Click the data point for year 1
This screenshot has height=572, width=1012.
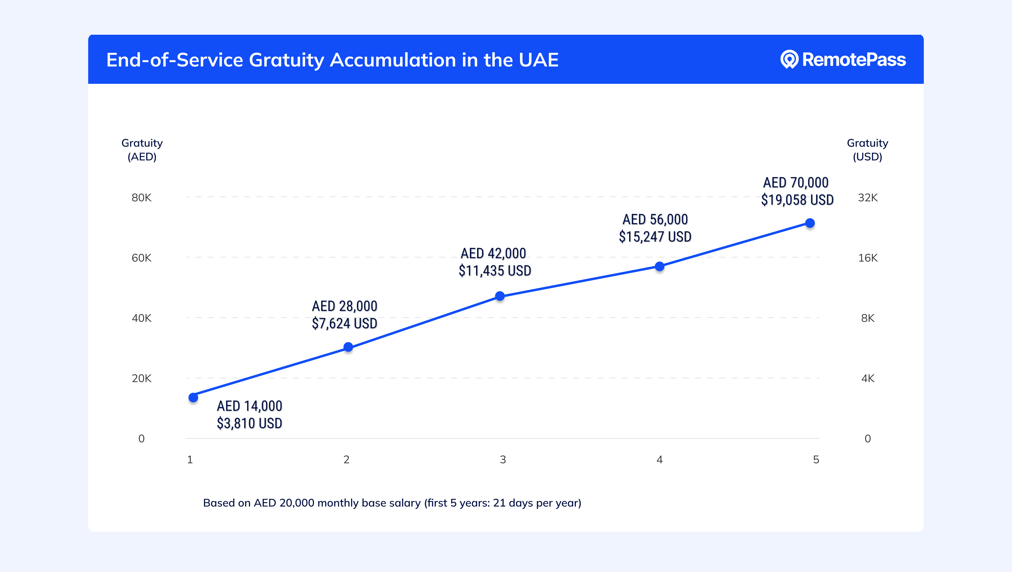tap(193, 398)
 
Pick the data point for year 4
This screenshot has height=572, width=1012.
tap(659, 266)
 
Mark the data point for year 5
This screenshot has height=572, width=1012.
tap(810, 223)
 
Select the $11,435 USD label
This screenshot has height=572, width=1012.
tap(495, 271)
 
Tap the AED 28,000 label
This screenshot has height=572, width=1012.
tap(344, 306)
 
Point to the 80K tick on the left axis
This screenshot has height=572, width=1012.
tap(141, 197)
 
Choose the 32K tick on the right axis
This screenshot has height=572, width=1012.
tap(867, 197)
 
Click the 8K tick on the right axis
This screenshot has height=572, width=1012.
tap(867, 318)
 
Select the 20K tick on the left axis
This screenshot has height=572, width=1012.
tap(141, 378)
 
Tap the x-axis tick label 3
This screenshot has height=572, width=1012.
tap(503, 460)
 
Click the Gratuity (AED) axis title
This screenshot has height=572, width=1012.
tap(142, 150)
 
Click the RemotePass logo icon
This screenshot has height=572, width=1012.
tap(789, 59)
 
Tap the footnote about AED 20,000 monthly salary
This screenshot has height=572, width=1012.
tap(392, 503)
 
